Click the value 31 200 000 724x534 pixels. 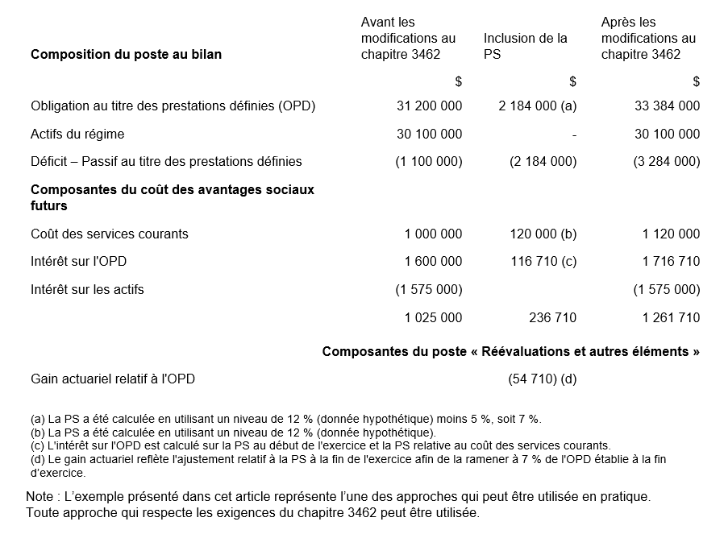click(429, 106)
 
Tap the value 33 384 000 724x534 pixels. click(667, 106)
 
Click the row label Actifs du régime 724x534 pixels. click(77, 134)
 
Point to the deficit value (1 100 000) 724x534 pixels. click(429, 161)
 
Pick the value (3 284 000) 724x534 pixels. click(667, 161)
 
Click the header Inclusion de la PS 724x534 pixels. click(525, 46)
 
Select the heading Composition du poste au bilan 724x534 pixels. click(126, 55)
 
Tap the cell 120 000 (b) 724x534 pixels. click(543, 234)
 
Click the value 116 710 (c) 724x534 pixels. click(543, 261)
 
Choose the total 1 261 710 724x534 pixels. click(671, 317)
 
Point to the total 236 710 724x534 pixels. click(552, 317)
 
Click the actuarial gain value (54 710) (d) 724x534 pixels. click(543, 379)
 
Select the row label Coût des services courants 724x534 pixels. click(110, 234)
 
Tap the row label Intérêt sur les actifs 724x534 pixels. click(87, 289)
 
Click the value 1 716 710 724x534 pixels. click(671, 261)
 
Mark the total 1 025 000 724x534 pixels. click(433, 317)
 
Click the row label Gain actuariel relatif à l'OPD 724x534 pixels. click(113, 379)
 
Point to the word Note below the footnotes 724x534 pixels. click(40, 496)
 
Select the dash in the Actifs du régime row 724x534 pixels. click(574, 135)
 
